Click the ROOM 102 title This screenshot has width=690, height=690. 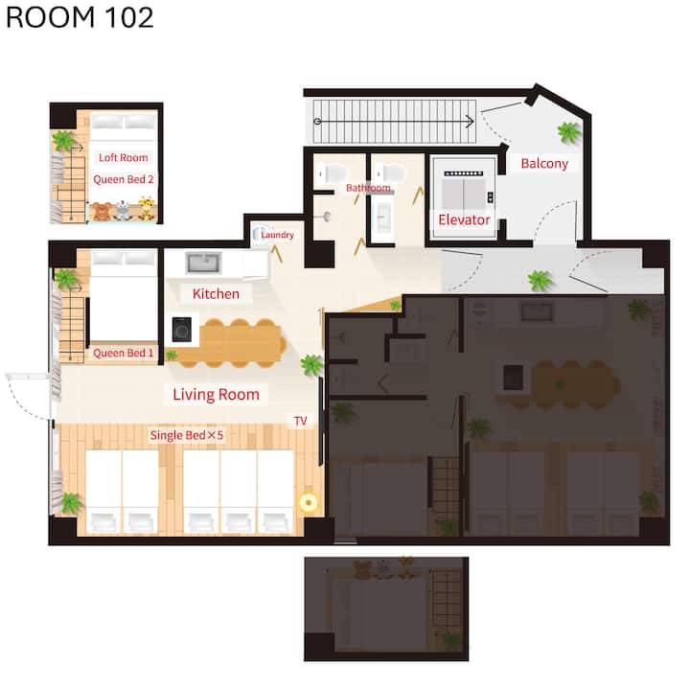click(80, 17)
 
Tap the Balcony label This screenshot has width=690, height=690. click(544, 163)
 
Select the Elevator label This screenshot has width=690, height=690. click(464, 219)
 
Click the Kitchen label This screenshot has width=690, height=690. click(216, 293)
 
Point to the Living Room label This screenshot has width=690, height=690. click(216, 394)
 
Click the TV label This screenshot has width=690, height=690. click(301, 421)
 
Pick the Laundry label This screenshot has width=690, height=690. click(277, 235)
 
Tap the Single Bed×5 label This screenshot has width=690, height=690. click(187, 435)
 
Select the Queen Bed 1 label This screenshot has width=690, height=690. click(124, 353)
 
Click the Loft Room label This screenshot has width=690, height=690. click(124, 157)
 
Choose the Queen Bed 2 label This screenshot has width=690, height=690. click(124, 179)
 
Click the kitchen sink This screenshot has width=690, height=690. click(203, 263)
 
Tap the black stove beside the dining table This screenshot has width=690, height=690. click(182, 329)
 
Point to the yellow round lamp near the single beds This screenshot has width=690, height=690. click(309, 502)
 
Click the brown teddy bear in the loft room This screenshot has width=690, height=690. click(103, 211)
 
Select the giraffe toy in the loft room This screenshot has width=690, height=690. click(147, 208)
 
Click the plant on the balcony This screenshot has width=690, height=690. click(568, 132)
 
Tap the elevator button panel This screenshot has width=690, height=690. click(491, 197)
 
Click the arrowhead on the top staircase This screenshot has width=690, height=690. click(470, 121)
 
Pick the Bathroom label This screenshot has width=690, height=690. click(368, 188)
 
